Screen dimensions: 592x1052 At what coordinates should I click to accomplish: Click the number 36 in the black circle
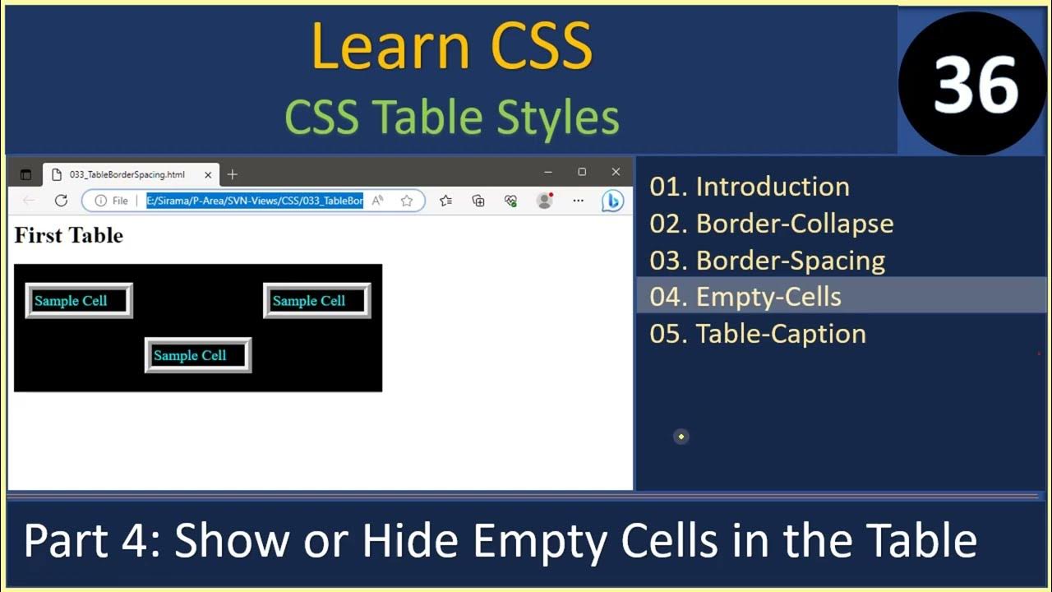point(976,85)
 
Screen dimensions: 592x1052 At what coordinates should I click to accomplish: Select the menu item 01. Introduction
point(749,187)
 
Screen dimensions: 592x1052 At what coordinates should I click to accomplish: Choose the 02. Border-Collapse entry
point(771,224)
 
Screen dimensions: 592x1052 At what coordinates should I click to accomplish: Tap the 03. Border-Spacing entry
point(767,261)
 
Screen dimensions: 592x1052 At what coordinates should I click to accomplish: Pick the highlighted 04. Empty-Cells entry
point(745,297)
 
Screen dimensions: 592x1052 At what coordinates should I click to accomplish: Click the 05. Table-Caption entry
point(757,334)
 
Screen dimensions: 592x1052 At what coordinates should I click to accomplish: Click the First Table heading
point(69,236)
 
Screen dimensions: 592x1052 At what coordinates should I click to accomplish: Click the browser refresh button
point(61,201)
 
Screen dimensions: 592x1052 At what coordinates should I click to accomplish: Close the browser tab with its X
point(208,174)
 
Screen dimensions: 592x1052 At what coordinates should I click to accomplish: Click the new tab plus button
point(233,174)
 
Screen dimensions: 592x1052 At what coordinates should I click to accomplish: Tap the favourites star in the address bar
point(406,201)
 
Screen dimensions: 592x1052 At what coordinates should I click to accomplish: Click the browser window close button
point(616,172)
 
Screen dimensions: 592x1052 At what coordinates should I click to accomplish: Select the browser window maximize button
point(582,172)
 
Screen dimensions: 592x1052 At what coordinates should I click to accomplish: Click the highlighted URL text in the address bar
point(255,201)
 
